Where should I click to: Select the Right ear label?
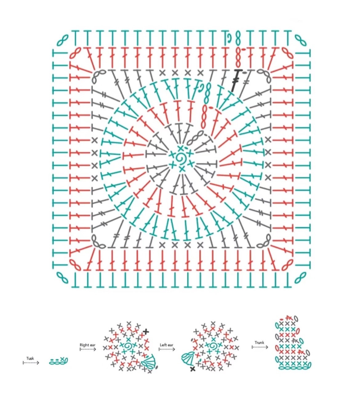coord(87,345)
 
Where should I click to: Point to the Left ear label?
coord(166,345)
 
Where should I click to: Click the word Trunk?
coord(259,342)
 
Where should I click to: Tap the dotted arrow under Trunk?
coord(260,347)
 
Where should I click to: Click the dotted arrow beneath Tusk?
coord(31,363)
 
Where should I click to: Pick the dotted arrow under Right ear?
coord(88,349)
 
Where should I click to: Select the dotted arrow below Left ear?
coord(167,349)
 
